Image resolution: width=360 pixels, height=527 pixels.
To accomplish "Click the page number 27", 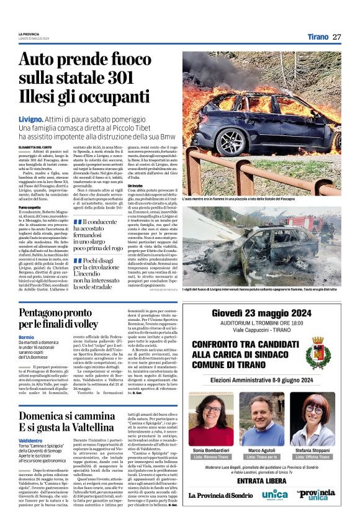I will [x=336, y=37].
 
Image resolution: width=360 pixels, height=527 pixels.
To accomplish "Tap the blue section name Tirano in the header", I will [x=318, y=37].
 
